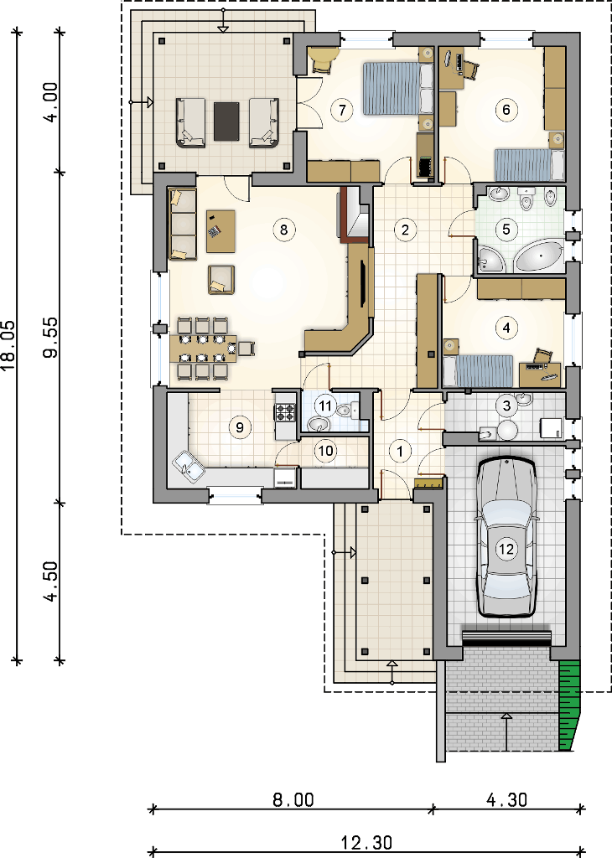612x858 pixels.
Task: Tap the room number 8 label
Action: point(283,230)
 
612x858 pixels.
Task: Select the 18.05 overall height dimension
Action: point(8,345)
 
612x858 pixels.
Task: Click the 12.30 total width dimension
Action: point(366,843)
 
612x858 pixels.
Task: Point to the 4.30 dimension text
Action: point(507,800)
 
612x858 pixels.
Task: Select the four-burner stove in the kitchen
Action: point(285,412)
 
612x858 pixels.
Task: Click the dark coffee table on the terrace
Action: point(226,121)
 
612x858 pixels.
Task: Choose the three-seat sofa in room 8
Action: point(182,225)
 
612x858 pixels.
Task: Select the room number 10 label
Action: point(326,451)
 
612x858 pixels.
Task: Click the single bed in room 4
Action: point(477,371)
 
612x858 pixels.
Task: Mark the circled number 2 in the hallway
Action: point(405,230)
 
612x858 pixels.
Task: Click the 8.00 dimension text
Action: point(293,800)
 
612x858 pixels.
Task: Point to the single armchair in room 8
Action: point(221,279)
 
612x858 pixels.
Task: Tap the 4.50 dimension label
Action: point(51,581)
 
